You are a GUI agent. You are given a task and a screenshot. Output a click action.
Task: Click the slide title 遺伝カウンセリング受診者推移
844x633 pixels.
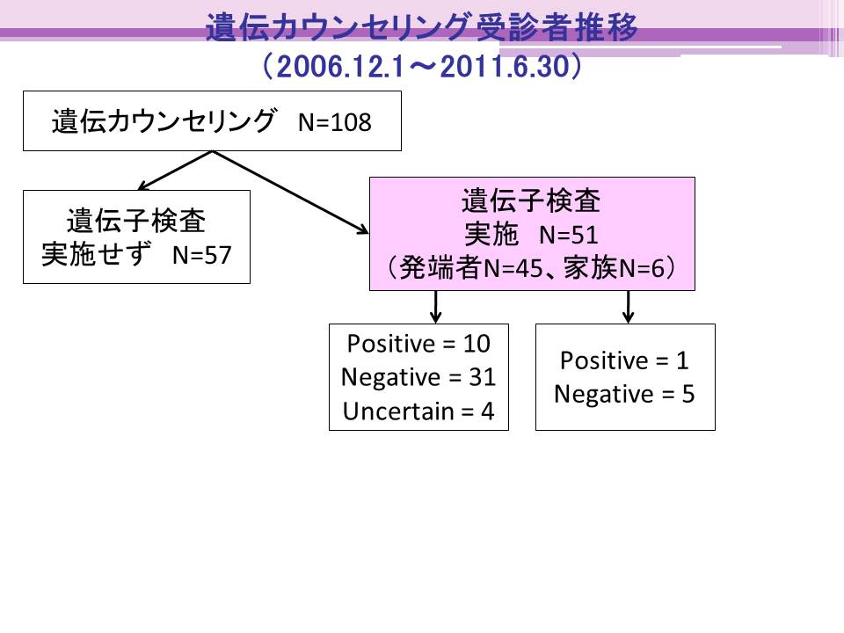[x=421, y=27]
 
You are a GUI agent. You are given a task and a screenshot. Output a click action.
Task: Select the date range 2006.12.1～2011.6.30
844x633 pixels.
[x=423, y=67]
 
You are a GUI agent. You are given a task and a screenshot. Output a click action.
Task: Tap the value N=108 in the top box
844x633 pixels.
[x=334, y=122]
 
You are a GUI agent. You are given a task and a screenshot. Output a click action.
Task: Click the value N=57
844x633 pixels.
[x=202, y=255]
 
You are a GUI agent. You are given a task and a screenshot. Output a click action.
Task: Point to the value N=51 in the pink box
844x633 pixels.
[x=569, y=235]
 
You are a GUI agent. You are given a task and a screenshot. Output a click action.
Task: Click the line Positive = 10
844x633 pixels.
[x=418, y=344]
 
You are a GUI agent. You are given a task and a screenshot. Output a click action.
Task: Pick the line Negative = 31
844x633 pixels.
[x=418, y=377]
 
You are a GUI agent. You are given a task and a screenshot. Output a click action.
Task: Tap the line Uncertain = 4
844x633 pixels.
[x=418, y=411]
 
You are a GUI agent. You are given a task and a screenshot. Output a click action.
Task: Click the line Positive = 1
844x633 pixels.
[x=624, y=360]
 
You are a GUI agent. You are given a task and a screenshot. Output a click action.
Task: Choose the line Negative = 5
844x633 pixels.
[x=624, y=394]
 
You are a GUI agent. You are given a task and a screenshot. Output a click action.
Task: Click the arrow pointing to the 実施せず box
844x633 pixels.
[x=176, y=171]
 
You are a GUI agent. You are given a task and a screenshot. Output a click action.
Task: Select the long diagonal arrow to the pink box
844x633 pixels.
[x=291, y=193]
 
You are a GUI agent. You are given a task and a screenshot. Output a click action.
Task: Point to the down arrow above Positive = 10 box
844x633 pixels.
[x=436, y=307]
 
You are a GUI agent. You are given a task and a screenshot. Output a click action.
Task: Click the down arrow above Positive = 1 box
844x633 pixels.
[x=628, y=307]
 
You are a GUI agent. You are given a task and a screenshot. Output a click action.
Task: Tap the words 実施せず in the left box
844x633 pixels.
[x=95, y=254]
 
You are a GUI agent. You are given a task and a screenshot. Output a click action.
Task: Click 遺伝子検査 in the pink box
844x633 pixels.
[x=531, y=200]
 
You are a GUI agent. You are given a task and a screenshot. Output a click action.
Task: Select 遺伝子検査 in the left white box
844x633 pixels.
[x=136, y=221]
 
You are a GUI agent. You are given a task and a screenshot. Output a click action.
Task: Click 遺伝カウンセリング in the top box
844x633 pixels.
[x=164, y=121]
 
